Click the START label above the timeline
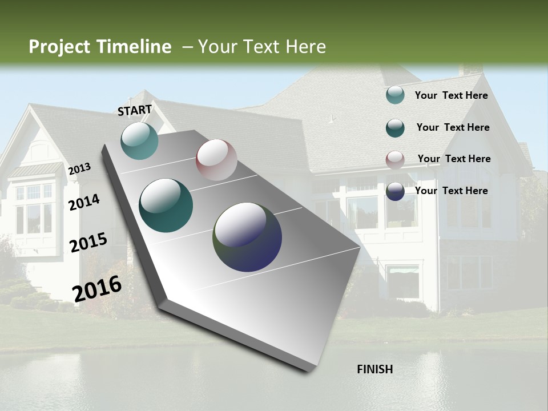(x=135, y=110)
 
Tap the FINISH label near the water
(x=374, y=369)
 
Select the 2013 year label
(x=79, y=168)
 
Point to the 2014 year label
(x=84, y=202)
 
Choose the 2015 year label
(x=88, y=243)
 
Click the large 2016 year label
(x=97, y=289)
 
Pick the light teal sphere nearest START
(x=139, y=140)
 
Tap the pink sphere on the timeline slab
(x=216, y=160)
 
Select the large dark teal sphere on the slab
(x=166, y=205)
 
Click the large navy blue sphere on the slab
(x=247, y=237)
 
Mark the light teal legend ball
(x=395, y=95)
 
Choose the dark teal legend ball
(x=395, y=128)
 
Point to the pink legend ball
(x=395, y=160)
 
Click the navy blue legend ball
(x=395, y=191)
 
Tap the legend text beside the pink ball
(x=454, y=159)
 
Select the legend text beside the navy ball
(x=451, y=191)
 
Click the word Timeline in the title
(x=131, y=47)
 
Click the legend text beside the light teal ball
(x=451, y=95)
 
